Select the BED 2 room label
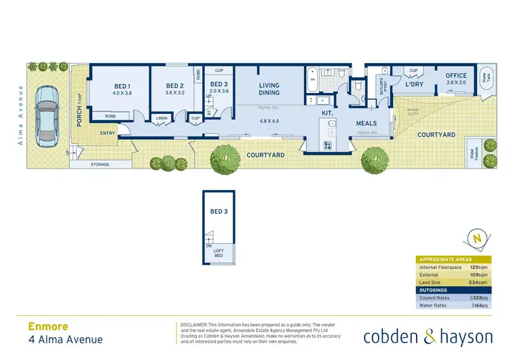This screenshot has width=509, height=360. point(175,86)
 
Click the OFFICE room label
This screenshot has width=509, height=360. point(456,76)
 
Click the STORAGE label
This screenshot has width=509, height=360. point(100,164)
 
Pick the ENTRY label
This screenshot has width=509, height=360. point(108,133)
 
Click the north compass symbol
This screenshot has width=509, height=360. point(477,238)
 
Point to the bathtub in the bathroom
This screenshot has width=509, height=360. point(313,79)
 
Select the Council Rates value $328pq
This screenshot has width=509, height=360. point(480,298)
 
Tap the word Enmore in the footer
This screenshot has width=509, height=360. point(48,325)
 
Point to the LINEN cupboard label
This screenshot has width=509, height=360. point(161,118)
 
